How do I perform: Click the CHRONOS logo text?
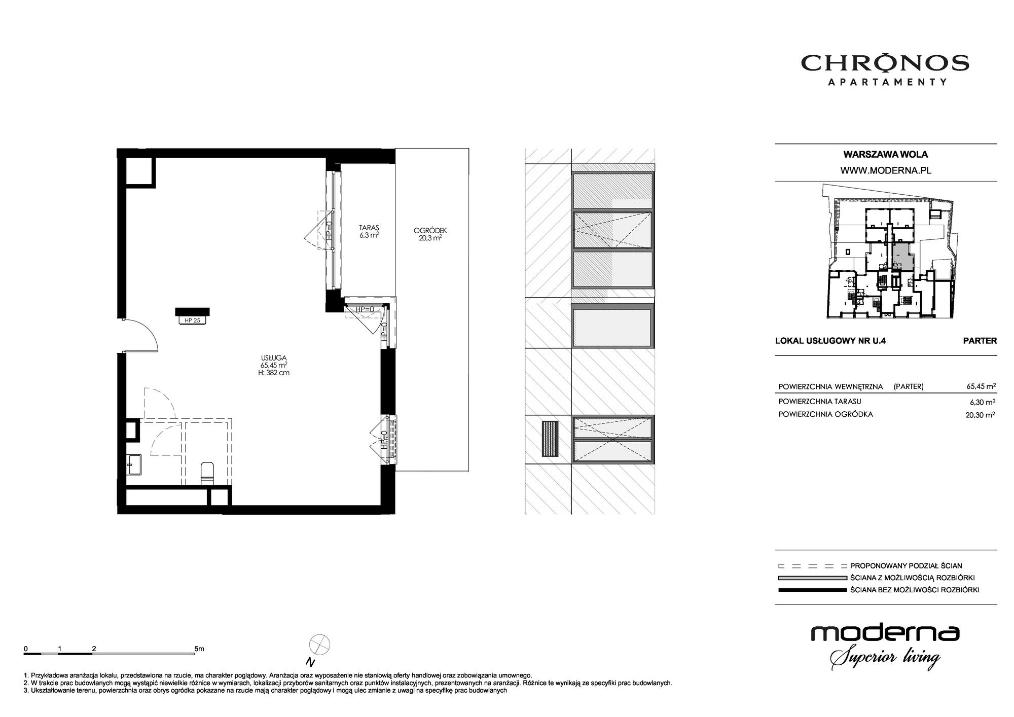pos(885,63)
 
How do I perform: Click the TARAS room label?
pos(369,228)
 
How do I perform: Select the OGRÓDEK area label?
pos(430,231)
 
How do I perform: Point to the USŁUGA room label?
pos(274,358)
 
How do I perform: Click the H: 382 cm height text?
pos(274,373)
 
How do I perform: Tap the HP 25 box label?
pos(193,320)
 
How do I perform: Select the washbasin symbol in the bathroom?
pos(134,464)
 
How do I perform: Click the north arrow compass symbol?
pos(319,644)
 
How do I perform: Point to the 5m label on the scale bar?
pos(199,649)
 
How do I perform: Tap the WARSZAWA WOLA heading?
pos(886,155)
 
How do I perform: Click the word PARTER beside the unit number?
pos(980,341)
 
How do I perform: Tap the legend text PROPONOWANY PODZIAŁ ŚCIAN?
pos(906,566)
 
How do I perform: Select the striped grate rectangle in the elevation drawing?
pos(550,438)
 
